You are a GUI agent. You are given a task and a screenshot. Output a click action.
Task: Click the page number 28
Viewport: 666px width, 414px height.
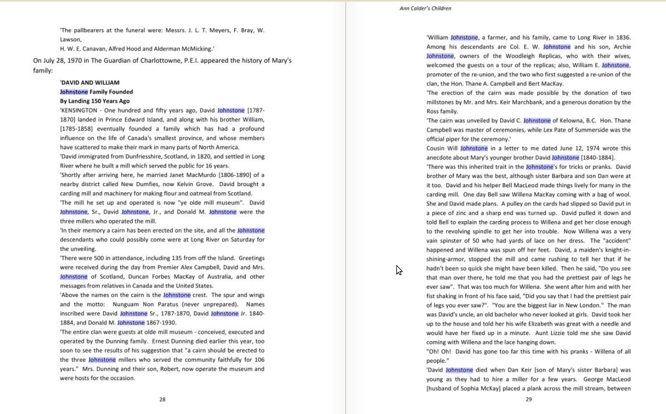click(x=162, y=399)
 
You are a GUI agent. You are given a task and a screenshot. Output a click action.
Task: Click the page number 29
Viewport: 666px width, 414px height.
click(x=529, y=399)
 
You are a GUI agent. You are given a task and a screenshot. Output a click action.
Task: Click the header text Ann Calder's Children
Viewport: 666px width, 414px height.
click(x=425, y=8)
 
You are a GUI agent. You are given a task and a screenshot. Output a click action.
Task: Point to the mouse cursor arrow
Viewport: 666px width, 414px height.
click(x=398, y=270)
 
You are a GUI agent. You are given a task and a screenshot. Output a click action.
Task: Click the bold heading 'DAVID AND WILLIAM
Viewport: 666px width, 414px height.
click(x=90, y=82)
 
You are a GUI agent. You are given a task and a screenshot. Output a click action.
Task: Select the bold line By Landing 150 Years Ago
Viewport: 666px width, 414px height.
click(x=95, y=101)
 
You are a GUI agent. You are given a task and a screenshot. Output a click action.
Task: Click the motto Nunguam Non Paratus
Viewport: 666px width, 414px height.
click(x=134, y=305)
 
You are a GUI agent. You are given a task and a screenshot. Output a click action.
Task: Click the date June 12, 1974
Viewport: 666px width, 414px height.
click(x=579, y=148)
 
